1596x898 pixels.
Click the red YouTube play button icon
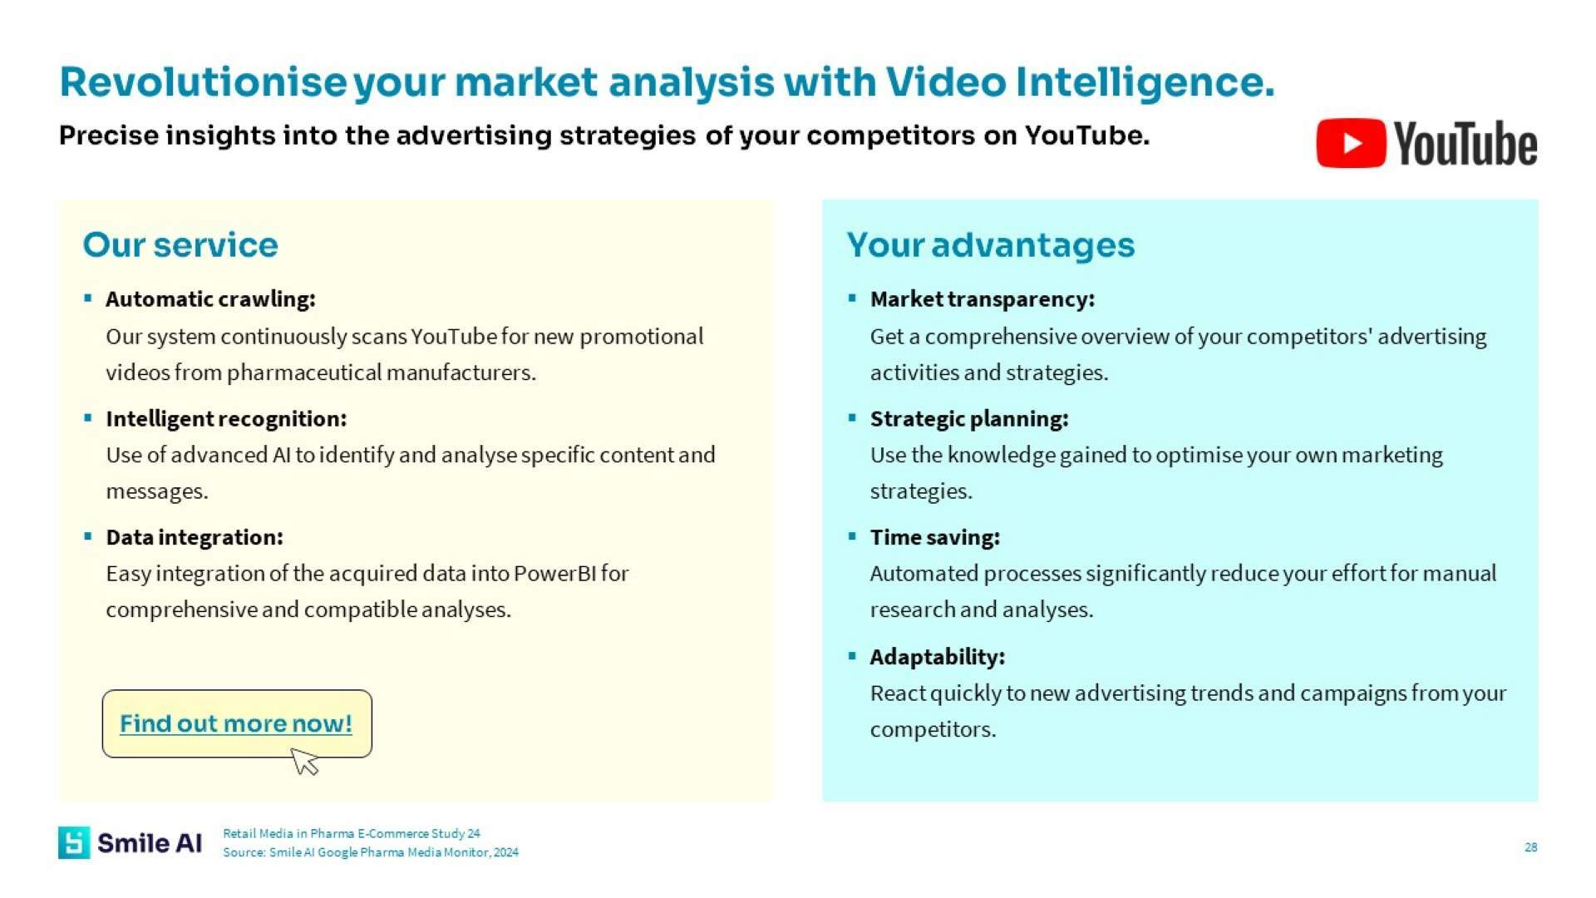click(1351, 143)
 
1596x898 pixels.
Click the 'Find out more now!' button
click(237, 723)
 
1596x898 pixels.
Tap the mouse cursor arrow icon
click(305, 761)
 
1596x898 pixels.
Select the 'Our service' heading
click(180, 244)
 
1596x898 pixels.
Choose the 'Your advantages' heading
click(990, 245)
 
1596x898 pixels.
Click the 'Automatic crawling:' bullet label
click(210, 299)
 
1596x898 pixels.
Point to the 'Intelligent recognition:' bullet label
click(226, 418)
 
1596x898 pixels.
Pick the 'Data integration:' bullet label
click(195, 537)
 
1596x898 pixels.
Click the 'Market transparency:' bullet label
click(983, 299)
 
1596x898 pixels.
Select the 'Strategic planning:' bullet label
click(969, 418)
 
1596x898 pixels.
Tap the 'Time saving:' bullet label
click(935, 537)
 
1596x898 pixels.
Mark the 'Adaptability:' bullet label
click(938, 657)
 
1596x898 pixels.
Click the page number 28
click(1530, 847)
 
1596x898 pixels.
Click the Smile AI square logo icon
click(74, 842)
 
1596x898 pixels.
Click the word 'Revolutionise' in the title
click(203, 82)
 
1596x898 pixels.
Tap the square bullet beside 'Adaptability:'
click(852, 656)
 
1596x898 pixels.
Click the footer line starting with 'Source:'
click(371, 852)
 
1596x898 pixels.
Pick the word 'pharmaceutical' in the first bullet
click(304, 373)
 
